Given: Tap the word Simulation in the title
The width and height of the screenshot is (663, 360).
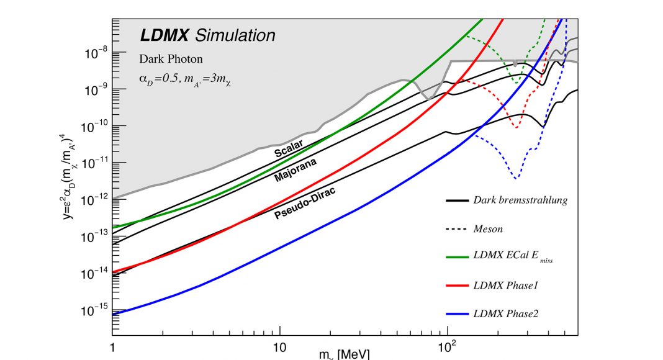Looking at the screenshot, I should (x=235, y=35).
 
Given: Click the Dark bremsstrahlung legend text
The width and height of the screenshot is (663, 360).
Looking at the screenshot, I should (x=520, y=200).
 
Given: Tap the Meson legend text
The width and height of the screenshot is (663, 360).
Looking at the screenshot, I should (x=488, y=228).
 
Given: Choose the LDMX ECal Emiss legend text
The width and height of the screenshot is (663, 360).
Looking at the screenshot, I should (x=513, y=258).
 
